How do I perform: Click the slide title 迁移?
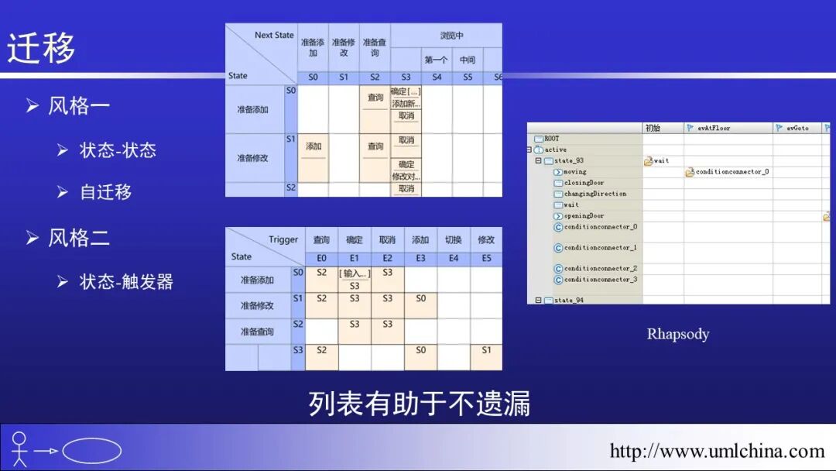(42, 48)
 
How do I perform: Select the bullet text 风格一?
(79, 105)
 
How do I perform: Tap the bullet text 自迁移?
(106, 191)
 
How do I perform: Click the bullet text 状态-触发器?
(126, 282)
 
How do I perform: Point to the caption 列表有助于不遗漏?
(419, 404)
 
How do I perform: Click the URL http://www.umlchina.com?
(717, 451)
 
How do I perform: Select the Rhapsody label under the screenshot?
(677, 335)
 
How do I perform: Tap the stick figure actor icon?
(19, 449)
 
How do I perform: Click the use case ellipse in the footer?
(91, 451)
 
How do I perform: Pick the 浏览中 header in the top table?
(452, 36)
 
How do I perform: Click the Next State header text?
(274, 36)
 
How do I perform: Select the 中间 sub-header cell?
(468, 60)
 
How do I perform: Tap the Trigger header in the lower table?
(283, 240)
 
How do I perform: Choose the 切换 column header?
(454, 240)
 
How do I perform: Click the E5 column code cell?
(486, 259)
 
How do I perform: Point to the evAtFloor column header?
(713, 128)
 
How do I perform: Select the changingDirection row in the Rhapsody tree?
(594, 194)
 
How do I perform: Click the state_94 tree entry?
(569, 300)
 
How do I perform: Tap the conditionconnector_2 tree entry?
(601, 268)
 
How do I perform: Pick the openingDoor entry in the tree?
(584, 216)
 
